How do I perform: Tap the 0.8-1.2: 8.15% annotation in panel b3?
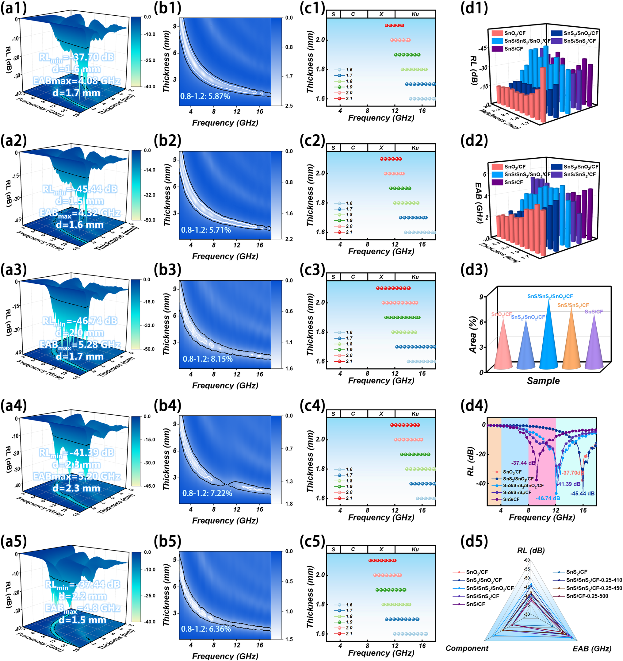click(x=207, y=359)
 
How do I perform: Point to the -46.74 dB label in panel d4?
click(x=548, y=498)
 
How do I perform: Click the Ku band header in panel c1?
click(x=415, y=14)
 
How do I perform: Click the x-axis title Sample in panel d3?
click(x=543, y=381)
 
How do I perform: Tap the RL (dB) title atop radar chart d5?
click(x=531, y=551)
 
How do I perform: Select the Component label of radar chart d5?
click(x=467, y=648)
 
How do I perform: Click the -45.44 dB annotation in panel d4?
click(x=582, y=494)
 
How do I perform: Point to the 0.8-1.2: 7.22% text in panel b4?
click(x=207, y=493)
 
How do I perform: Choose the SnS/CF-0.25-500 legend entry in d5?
click(x=587, y=596)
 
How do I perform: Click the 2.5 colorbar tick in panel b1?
click(x=289, y=106)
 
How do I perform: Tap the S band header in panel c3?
click(x=333, y=277)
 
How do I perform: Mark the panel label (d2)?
click(x=474, y=141)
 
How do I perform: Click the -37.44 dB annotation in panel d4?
click(x=523, y=463)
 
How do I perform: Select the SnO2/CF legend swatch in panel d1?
click(x=497, y=33)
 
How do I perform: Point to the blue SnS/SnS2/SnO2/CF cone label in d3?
click(x=550, y=296)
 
